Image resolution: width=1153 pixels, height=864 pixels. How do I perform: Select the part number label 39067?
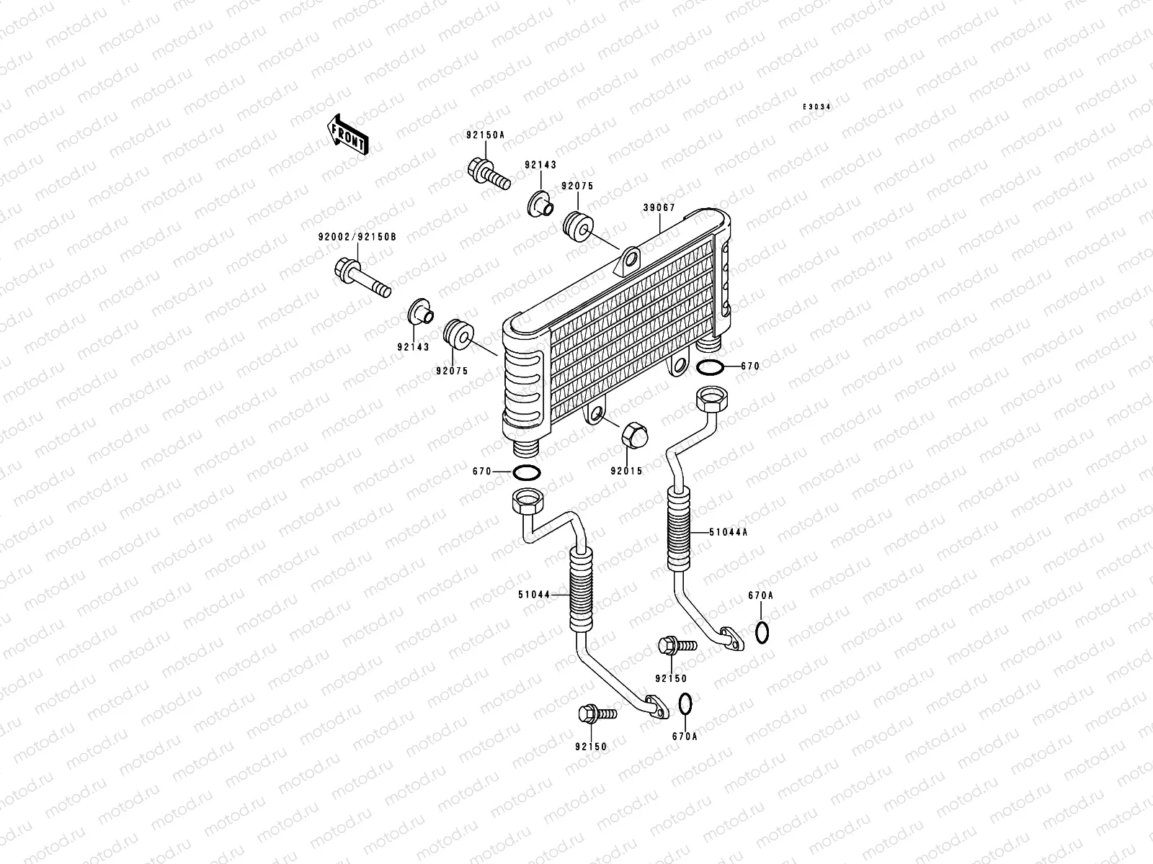tap(659, 208)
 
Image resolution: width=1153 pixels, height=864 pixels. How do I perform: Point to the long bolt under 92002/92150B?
tap(362, 278)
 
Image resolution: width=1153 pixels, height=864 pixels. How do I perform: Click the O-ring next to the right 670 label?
tap(710, 368)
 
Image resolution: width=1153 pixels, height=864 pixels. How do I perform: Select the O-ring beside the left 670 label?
tap(527, 473)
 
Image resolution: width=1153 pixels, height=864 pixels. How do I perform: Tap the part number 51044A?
tap(729, 533)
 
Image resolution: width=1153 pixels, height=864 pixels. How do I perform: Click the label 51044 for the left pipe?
tap(533, 595)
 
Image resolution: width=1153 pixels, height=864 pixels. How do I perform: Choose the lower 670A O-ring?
tap(686, 705)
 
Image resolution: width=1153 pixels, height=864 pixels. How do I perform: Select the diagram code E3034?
tap(817, 107)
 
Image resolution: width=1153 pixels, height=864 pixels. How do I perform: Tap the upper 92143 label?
tap(540, 165)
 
